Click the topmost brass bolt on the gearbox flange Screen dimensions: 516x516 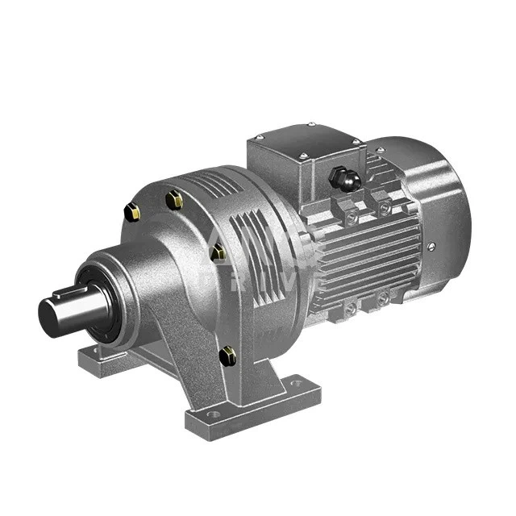pos(173,198)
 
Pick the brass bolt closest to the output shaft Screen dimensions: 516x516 pos(131,212)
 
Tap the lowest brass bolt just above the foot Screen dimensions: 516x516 pos(228,354)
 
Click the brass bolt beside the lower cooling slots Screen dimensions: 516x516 pos(218,252)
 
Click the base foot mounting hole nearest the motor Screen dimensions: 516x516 pos(297,383)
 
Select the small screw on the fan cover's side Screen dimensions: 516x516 pos(431,247)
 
